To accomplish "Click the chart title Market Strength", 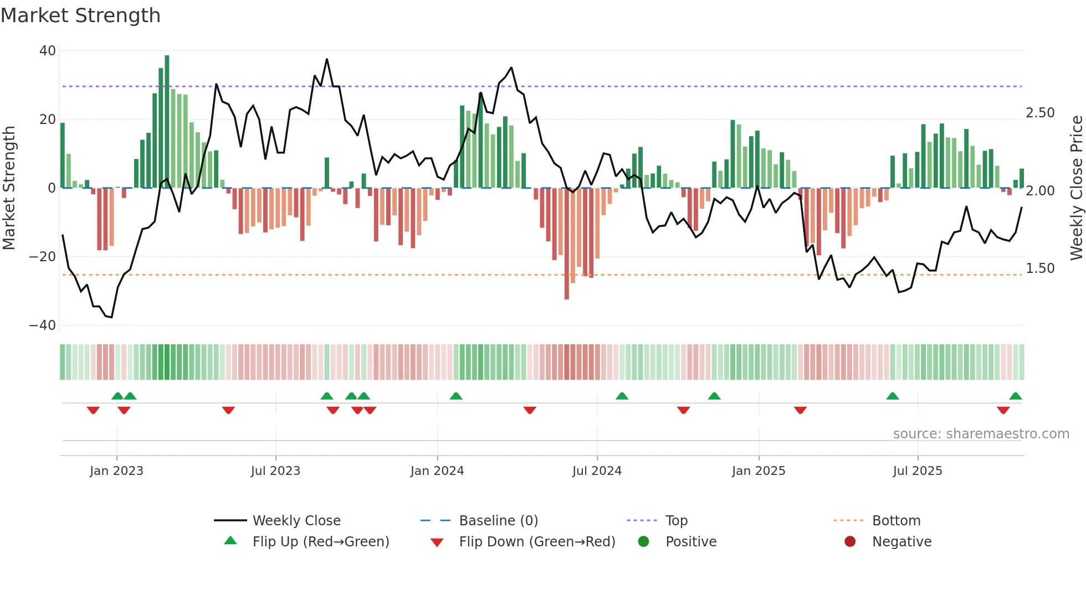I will click(x=81, y=15).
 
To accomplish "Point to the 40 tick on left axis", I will click(x=48, y=51).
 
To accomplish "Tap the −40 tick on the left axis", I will click(x=43, y=325).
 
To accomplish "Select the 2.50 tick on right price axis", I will click(x=1040, y=113).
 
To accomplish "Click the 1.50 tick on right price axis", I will click(x=1040, y=268).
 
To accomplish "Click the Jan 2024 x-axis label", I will click(x=437, y=471).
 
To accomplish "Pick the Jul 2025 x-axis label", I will click(x=917, y=471).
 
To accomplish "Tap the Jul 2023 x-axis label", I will click(x=275, y=471).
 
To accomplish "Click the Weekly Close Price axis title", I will click(x=1076, y=188).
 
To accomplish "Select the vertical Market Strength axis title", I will click(x=9, y=188).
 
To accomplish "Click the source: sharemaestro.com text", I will click(x=981, y=434).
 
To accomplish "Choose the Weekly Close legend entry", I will click(x=296, y=521).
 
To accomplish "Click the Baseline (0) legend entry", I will click(x=498, y=521).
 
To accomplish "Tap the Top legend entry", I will click(x=676, y=521).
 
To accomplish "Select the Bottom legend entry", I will click(x=896, y=521).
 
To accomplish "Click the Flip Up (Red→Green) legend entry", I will click(x=320, y=542).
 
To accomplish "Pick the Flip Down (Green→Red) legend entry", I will click(x=536, y=542).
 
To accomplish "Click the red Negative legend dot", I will click(x=850, y=542).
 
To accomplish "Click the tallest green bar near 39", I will click(x=167, y=122).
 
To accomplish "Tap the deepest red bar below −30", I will click(x=566, y=244).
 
